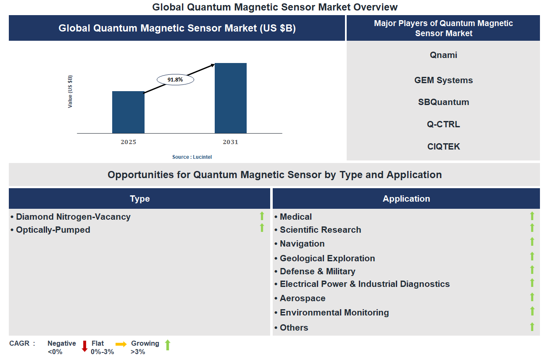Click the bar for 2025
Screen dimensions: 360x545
click(128, 112)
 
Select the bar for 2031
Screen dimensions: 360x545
click(231, 98)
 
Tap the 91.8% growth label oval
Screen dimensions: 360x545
click(175, 79)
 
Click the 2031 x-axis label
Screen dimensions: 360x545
click(231, 142)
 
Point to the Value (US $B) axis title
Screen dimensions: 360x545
click(70, 92)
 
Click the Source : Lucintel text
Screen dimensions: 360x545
click(192, 157)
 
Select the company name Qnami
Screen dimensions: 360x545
click(443, 55)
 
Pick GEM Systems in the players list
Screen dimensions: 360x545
click(443, 80)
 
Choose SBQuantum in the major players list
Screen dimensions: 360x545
click(443, 102)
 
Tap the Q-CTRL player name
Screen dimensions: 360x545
click(443, 124)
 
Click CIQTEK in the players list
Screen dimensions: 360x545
click(443, 147)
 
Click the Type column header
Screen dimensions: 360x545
click(140, 199)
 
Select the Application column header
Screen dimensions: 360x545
click(406, 199)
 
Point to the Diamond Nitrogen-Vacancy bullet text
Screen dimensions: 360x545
click(73, 217)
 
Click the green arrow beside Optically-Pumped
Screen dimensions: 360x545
click(262, 228)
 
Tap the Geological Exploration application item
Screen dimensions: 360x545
click(327, 258)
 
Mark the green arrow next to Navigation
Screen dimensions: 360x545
click(532, 242)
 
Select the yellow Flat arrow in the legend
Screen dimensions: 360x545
click(121, 344)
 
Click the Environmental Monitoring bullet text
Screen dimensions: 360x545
click(334, 313)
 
